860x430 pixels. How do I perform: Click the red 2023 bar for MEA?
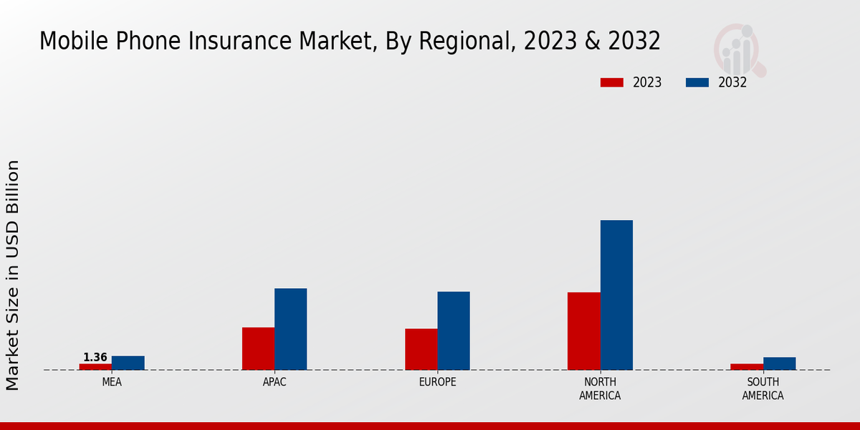pyautogui.click(x=95, y=367)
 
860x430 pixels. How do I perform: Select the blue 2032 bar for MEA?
pyautogui.click(x=128, y=363)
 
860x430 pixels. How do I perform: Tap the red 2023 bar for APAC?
pyautogui.click(x=258, y=348)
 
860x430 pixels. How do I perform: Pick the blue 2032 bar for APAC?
pyautogui.click(x=291, y=329)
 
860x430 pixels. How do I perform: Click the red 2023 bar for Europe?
pyautogui.click(x=421, y=349)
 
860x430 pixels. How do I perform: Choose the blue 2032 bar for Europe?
pyautogui.click(x=454, y=330)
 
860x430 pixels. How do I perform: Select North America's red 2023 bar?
pyautogui.click(x=584, y=331)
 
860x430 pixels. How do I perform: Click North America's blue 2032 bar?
pyautogui.click(x=616, y=295)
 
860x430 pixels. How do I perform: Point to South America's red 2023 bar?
pyautogui.click(x=747, y=367)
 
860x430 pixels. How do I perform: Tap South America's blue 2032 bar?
pyautogui.click(x=780, y=363)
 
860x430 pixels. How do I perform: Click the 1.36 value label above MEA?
pyautogui.click(x=95, y=357)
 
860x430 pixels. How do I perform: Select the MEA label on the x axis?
pyautogui.click(x=112, y=382)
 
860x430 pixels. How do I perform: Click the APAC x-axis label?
pyautogui.click(x=274, y=382)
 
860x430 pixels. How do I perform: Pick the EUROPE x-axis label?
pyautogui.click(x=437, y=382)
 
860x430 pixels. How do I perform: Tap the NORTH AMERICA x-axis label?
pyautogui.click(x=601, y=388)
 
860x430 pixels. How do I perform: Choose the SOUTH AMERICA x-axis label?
pyautogui.click(x=763, y=388)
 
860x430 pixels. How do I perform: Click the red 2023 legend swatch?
pyautogui.click(x=612, y=82)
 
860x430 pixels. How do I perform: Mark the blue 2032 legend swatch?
pyautogui.click(x=697, y=82)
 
